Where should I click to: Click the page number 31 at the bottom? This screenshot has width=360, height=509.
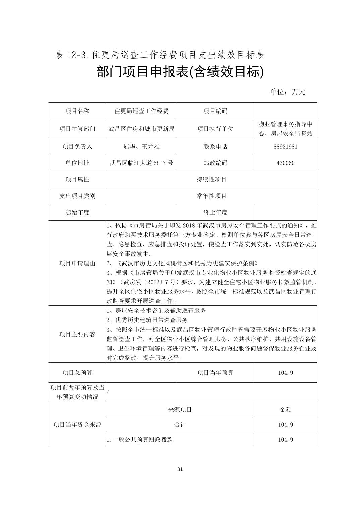(180, 469)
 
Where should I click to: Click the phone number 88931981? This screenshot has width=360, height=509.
(286, 147)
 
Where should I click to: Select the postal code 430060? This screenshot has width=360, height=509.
(286, 163)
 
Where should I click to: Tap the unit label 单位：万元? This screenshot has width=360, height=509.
(288, 92)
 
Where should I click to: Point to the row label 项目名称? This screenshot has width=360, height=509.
(77, 111)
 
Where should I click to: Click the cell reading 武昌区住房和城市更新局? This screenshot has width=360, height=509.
(141, 129)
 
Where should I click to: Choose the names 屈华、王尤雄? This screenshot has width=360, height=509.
(141, 147)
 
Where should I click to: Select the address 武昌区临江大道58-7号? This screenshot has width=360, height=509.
(141, 163)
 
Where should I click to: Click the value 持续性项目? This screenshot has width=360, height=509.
(212, 179)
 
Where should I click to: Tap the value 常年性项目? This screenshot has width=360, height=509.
(212, 196)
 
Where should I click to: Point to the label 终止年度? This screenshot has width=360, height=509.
(215, 212)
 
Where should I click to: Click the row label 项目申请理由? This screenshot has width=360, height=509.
(77, 263)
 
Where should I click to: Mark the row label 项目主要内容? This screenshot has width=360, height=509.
(77, 334)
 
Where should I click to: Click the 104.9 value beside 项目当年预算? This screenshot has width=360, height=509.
(286, 373)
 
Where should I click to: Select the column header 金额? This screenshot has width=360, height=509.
(286, 409)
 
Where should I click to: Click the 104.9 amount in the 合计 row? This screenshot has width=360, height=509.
(286, 425)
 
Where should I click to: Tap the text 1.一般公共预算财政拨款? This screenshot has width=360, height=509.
(140, 440)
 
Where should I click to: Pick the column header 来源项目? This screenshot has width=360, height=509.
(180, 409)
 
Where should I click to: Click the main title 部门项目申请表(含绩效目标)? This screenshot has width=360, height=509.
(180, 72)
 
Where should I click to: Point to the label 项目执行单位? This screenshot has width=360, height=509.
(215, 129)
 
